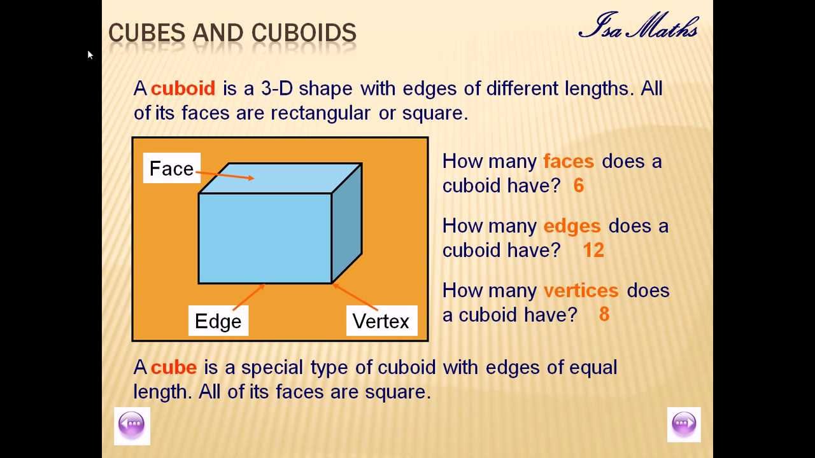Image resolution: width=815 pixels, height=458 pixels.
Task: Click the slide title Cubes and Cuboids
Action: [232, 33]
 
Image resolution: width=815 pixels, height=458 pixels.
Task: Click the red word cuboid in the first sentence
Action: [183, 88]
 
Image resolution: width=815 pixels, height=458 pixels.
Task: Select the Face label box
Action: [171, 169]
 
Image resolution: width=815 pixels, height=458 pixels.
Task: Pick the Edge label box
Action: [218, 321]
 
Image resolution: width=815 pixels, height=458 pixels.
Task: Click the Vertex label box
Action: [381, 321]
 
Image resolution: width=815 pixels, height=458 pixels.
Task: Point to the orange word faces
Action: [568, 162]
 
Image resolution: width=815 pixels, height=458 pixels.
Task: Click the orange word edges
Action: [571, 226]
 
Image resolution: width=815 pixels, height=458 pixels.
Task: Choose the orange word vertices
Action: [581, 291]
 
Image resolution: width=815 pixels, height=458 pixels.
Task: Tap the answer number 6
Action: [578, 186]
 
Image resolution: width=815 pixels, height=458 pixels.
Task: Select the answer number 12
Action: [593, 250]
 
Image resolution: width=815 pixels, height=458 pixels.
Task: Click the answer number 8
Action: [604, 315]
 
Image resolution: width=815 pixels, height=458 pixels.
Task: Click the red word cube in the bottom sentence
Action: [174, 368]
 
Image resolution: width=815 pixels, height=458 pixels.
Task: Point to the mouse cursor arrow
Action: [90, 55]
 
